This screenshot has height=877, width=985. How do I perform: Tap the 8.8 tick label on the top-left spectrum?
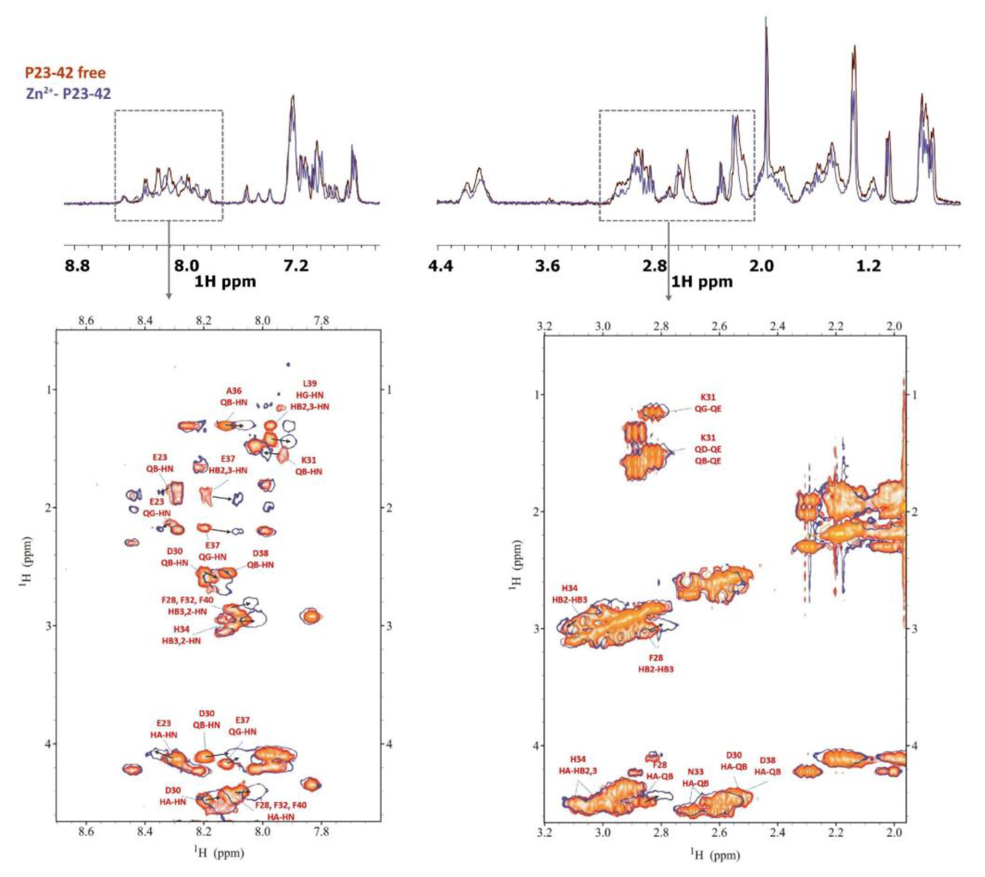pos(78,266)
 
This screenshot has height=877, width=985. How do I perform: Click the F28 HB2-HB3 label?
pos(656,663)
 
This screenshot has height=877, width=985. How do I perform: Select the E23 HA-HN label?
pos(164,729)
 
